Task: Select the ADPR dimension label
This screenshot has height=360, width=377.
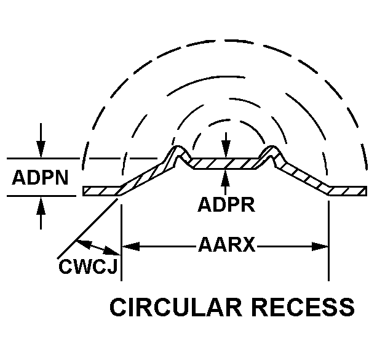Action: [226, 204]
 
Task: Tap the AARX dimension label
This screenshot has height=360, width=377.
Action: [226, 246]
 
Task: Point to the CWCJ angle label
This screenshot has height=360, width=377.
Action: [90, 266]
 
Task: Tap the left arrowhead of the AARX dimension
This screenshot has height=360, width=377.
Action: [129, 247]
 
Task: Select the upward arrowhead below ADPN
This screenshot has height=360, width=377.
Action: [41, 204]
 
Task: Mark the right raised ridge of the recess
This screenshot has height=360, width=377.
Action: [271, 153]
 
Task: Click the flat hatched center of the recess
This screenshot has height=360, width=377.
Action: [226, 163]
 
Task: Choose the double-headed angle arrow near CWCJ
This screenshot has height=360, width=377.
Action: [99, 247]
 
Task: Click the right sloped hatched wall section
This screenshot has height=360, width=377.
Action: [304, 178]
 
